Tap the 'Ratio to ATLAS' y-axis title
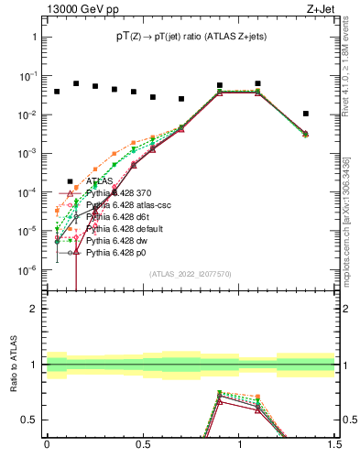pyautogui.click(x=13, y=364)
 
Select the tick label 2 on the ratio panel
pyautogui.click(x=35, y=309)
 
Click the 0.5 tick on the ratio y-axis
pyautogui.click(x=30, y=420)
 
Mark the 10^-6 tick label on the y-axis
pyautogui.click(x=27, y=270)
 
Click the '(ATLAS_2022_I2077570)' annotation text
pyautogui.click(x=189, y=273)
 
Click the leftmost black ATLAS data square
pyautogui.click(x=57, y=92)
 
